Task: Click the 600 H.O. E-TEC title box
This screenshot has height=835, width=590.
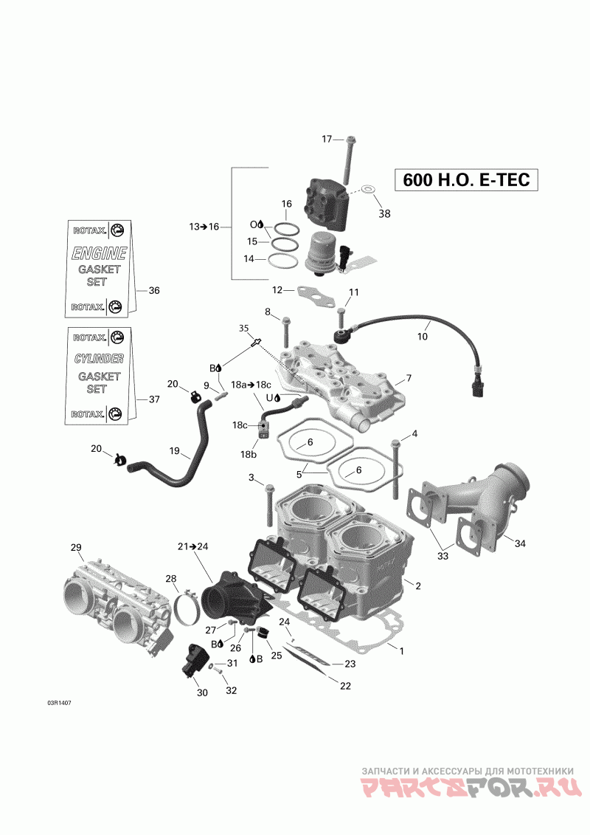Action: (466, 180)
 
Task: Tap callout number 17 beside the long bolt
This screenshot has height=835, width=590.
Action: (327, 139)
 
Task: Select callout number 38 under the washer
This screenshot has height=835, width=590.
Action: (384, 214)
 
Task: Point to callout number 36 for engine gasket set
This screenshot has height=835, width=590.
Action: (153, 290)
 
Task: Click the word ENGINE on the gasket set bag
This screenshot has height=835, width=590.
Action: (99, 253)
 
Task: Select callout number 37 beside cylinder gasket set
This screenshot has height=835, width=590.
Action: (153, 399)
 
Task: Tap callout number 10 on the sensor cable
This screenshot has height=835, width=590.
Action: (422, 337)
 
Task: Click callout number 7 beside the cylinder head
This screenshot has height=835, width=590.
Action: (408, 379)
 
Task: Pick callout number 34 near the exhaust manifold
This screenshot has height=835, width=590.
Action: (520, 543)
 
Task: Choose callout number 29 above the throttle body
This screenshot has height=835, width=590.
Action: (75, 547)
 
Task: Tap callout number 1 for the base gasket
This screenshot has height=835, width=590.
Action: (401, 651)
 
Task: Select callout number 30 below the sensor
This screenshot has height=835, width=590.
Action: (201, 693)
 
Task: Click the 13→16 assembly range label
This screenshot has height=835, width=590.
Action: (204, 227)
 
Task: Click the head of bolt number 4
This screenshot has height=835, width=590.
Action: (396, 443)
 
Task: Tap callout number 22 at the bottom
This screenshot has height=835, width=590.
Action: (344, 686)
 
